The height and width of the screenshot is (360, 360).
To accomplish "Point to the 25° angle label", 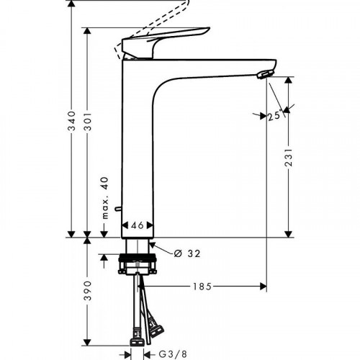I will (x=273, y=115).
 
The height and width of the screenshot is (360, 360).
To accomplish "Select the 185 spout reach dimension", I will (x=202, y=287).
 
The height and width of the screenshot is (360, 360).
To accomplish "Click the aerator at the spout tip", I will (x=266, y=73).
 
